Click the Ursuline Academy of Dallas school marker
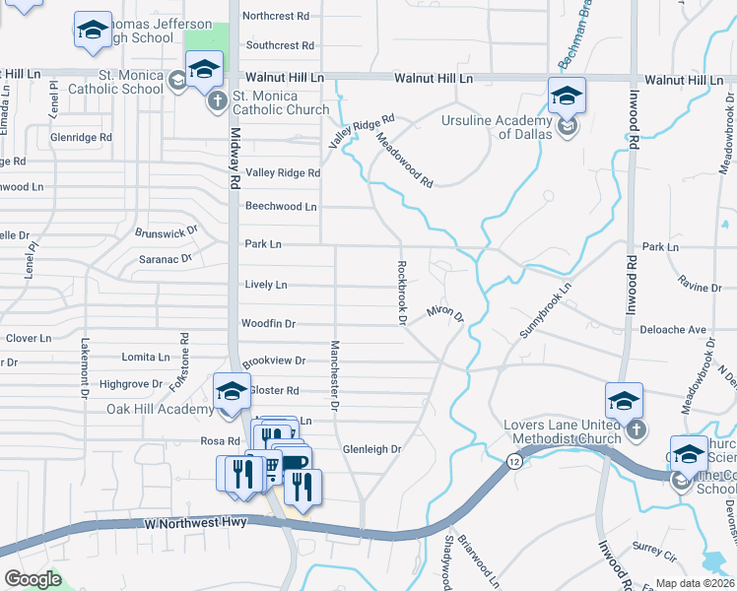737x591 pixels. pos(567,97)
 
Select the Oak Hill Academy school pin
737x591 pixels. pos(233,391)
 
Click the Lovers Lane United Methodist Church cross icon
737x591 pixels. pos(636,429)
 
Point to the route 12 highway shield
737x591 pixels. pos(514,461)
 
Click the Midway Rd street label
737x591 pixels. pos(235,158)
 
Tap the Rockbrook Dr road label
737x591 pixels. pos(402,292)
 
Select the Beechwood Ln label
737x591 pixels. pos(281,207)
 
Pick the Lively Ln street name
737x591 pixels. pos(265,285)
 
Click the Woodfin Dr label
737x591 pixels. pos(268,323)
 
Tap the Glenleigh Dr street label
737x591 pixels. pos(372,449)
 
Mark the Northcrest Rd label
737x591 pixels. pos(276,17)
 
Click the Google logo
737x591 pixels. pos(33,578)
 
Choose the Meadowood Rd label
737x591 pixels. pos(404,162)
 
